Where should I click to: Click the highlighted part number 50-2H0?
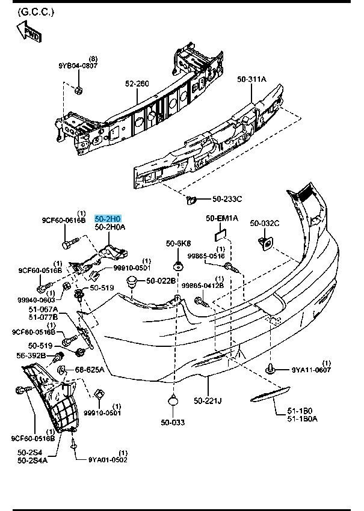[108, 219]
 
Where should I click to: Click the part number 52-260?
[137, 84]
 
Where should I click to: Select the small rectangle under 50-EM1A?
[221, 231]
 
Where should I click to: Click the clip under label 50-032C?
[264, 242]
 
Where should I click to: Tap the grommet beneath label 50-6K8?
[178, 266]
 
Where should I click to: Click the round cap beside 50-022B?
[132, 281]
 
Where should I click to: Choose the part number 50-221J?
[208, 400]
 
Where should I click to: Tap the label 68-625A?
[90, 369]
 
